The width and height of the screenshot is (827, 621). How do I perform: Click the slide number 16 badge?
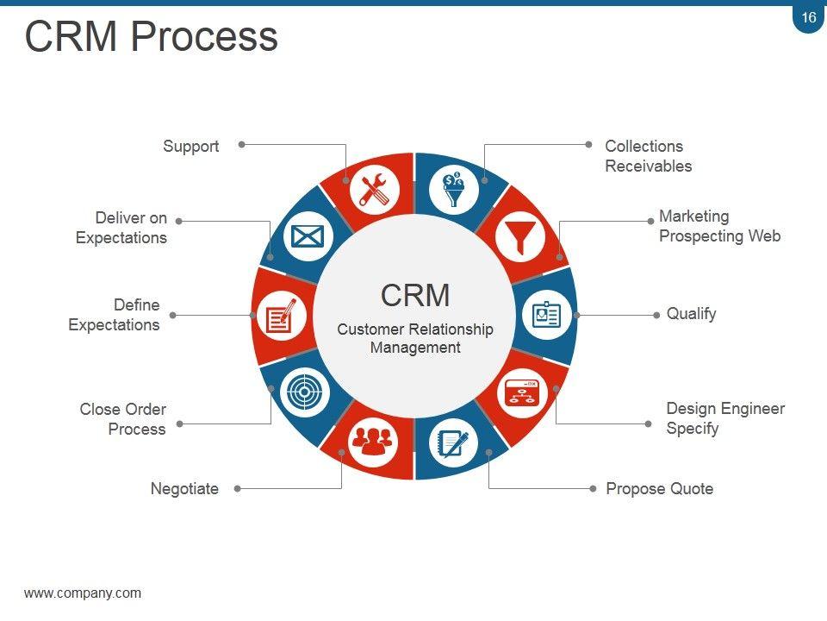click(x=808, y=18)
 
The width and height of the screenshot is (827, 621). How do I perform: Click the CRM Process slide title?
click(x=152, y=37)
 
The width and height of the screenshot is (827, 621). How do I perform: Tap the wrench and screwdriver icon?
click(x=374, y=189)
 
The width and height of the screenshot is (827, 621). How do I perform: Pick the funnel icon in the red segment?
click(x=519, y=236)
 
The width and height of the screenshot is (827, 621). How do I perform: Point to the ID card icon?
click(x=545, y=315)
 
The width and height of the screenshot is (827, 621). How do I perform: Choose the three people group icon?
click(x=371, y=441)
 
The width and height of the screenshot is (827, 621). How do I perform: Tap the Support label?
click(x=190, y=147)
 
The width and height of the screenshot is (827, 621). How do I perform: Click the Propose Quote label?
click(x=659, y=489)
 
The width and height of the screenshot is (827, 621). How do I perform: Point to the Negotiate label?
click(x=184, y=489)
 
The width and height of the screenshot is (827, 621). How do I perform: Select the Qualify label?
click(x=691, y=314)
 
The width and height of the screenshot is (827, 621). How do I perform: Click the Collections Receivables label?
click(x=648, y=156)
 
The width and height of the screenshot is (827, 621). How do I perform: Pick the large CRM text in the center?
click(x=415, y=295)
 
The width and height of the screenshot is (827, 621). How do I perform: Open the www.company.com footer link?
click(x=83, y=593)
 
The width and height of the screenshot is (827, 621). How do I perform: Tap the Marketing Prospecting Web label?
click(x=719, y=226)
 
